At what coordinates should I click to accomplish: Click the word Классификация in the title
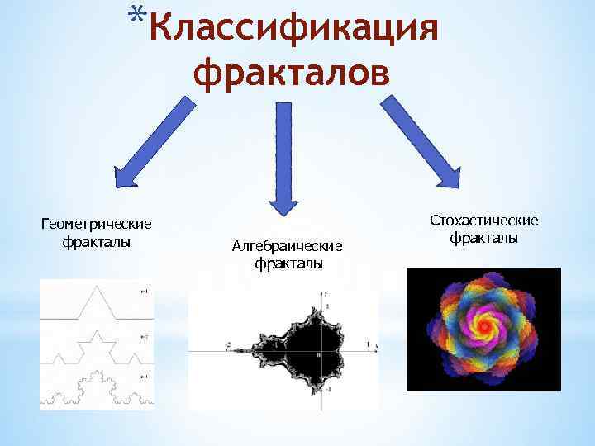point(294,31)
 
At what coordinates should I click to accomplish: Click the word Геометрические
point(97,225)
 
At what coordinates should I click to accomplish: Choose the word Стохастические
point(484,220)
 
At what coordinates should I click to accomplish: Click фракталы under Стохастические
point(484,238)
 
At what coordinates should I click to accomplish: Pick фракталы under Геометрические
point(97,242)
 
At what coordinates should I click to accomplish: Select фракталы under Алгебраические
point(288,263)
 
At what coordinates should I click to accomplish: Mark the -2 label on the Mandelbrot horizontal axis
point(228,345)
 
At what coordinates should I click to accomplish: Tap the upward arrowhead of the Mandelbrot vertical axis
point(325,294)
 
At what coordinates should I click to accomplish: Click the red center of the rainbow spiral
point(482,327)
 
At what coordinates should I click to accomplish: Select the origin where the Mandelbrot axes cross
point(325,350)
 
